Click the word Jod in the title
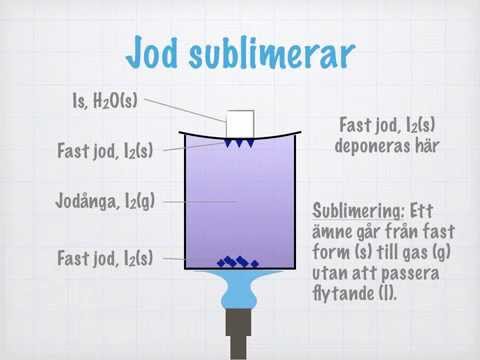coord(152,52)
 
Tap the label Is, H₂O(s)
coord(105,100)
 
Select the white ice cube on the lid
coord(240,124)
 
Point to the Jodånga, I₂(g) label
coord(105,201)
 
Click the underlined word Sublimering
coord(358,211)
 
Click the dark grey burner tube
coord(239,333)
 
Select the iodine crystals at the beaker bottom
coord(238,262)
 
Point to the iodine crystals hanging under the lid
coord(239,143)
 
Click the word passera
coord(410,274)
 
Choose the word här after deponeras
coord(427,145)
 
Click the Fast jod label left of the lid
coord(105,151)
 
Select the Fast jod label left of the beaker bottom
coord(105,258)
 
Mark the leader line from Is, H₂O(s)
coord(185,110)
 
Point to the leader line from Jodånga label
coord(200,202)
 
